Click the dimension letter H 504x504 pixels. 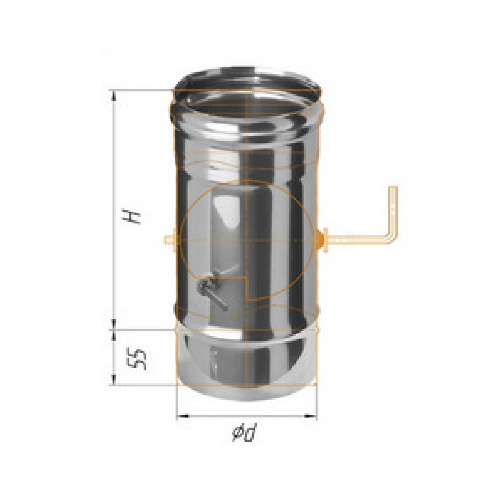point(131,217)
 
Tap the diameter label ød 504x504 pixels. point(244,433)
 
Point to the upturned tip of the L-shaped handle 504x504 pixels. point(393,188)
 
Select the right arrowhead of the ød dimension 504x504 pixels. point(310,416)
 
